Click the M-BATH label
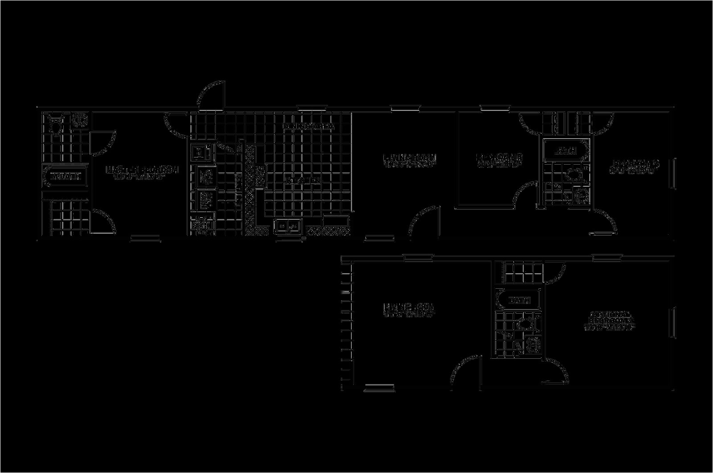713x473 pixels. tap(66, 177)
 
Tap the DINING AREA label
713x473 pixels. tap(308, 127)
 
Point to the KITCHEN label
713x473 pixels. tap(303, 181)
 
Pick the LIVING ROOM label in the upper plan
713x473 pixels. tap(410, 158)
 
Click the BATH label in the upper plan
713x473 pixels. tap(565, 151)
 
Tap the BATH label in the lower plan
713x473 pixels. tap(519, 300)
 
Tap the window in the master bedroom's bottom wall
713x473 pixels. tap(144, 239)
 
